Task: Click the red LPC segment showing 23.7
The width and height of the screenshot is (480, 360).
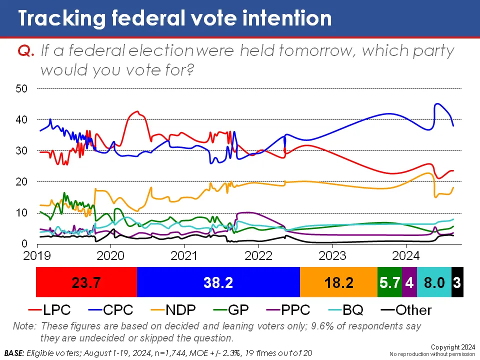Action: (x=86, y=282)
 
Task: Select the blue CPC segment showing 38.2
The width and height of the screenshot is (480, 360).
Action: (x=218, y=282)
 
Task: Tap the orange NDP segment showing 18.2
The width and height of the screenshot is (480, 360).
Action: (x=338, y=282)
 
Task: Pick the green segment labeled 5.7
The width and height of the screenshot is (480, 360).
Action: (x=389, y=282)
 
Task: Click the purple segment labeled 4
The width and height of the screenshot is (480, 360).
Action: (x=409, y=282)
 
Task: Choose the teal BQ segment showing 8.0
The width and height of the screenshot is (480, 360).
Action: (x=434, y=282)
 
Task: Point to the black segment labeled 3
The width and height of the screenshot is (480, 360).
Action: (x=457, y=282)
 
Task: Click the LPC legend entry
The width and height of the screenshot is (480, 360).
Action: (x=49, y=310)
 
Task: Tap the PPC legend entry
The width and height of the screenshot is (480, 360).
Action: (x=288, y=310)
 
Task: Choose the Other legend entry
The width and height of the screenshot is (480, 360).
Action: (x=406, y=310)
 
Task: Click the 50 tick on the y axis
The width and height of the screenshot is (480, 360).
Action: (x=21, y=89)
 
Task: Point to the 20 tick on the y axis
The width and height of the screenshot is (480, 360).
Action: (x=21, y=182)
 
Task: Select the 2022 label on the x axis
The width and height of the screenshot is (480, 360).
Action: (x=258, y=255)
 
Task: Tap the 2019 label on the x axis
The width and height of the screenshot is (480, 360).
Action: (x=36, y=255)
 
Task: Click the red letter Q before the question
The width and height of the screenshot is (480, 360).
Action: (x=26, y=51)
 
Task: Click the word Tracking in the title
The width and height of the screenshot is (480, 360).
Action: (x=62, y=18)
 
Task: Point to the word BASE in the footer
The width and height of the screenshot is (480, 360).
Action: (x=14, y=353)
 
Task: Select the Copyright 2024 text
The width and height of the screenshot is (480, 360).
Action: (x=453, y=347)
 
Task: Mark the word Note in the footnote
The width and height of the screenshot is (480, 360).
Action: (x=24, y=326)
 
